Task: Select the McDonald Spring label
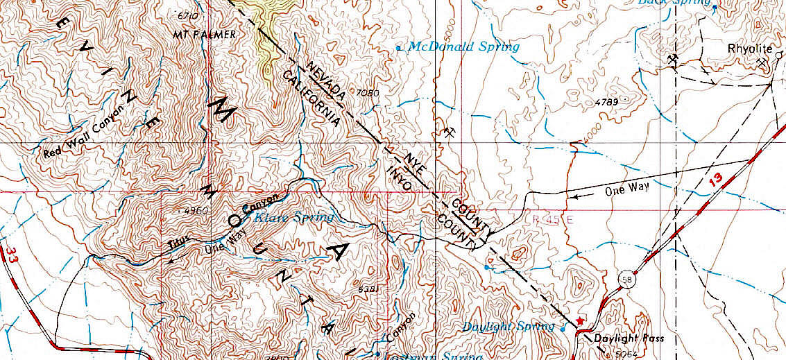pos(463,47)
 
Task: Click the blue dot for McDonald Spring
pos(398,48)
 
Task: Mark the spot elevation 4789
pos(606,103)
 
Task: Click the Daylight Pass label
pos(629,338)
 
